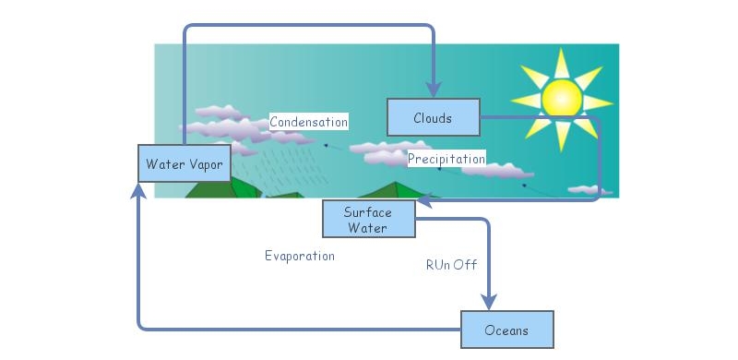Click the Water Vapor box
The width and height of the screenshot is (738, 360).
(184, 163)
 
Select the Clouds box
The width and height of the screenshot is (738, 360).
(433, 117)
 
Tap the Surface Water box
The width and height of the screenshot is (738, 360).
(368, 220)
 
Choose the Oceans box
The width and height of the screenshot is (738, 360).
(506, 330)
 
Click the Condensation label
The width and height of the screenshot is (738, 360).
(308, 122)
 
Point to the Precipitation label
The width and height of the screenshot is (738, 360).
(446, 159)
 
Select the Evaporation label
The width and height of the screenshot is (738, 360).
(299, 256)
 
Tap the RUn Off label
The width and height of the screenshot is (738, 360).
(451, 265)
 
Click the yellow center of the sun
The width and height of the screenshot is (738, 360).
(561, 97)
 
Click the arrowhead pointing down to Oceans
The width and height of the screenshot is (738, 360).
(488, 301)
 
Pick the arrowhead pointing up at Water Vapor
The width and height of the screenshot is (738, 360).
(138, 191)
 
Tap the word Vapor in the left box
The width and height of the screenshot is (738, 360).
(202, 164)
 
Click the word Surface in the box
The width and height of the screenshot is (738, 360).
(367, 212)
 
